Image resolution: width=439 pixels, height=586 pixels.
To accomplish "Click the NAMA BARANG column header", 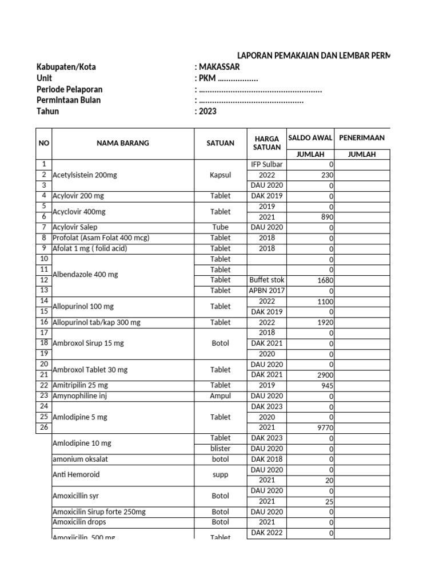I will [122, 143].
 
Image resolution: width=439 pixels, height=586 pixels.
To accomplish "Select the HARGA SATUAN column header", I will [266, 143].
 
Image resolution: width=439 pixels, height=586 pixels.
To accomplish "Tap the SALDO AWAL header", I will [310, 138].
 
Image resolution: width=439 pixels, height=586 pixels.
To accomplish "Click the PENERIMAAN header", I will [361, 138].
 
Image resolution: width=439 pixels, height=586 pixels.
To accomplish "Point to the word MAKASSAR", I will [219, 67].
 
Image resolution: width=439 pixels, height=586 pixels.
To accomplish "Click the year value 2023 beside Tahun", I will [208, 112].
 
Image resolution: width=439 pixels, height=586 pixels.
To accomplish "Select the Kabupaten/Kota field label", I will [66, 67].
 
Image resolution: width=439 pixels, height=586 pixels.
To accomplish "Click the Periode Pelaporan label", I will [70, 89].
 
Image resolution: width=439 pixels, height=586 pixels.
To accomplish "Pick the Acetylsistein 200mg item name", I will [85, 175].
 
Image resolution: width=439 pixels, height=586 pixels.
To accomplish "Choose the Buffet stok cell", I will [266, 280].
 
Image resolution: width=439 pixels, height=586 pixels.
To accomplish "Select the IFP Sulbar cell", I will [266, 165].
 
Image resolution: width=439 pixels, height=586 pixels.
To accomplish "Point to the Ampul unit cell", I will [220, 396].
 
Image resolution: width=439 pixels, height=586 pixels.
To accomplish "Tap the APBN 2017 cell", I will [266, 291].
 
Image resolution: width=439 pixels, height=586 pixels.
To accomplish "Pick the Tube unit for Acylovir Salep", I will [220, 227].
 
